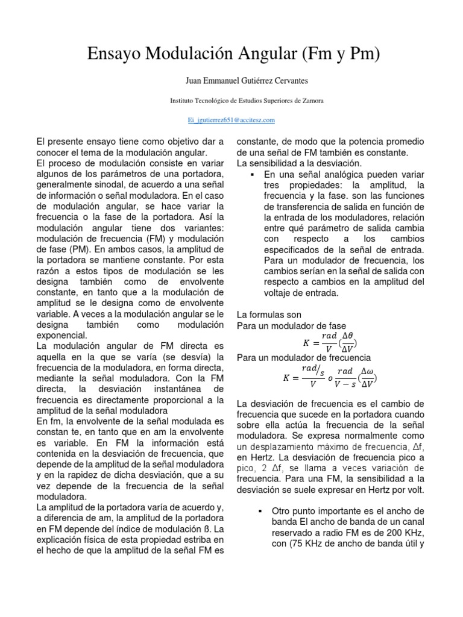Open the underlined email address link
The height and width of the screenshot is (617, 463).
(231, 121)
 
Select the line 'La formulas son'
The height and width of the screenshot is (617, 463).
(268, 315)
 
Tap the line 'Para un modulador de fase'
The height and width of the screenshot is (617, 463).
(283, 326)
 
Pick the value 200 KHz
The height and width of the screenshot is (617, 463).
(407, 533)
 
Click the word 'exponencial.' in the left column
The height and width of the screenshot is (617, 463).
(61, 336)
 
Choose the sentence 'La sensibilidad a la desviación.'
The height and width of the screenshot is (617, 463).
(299, 163)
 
